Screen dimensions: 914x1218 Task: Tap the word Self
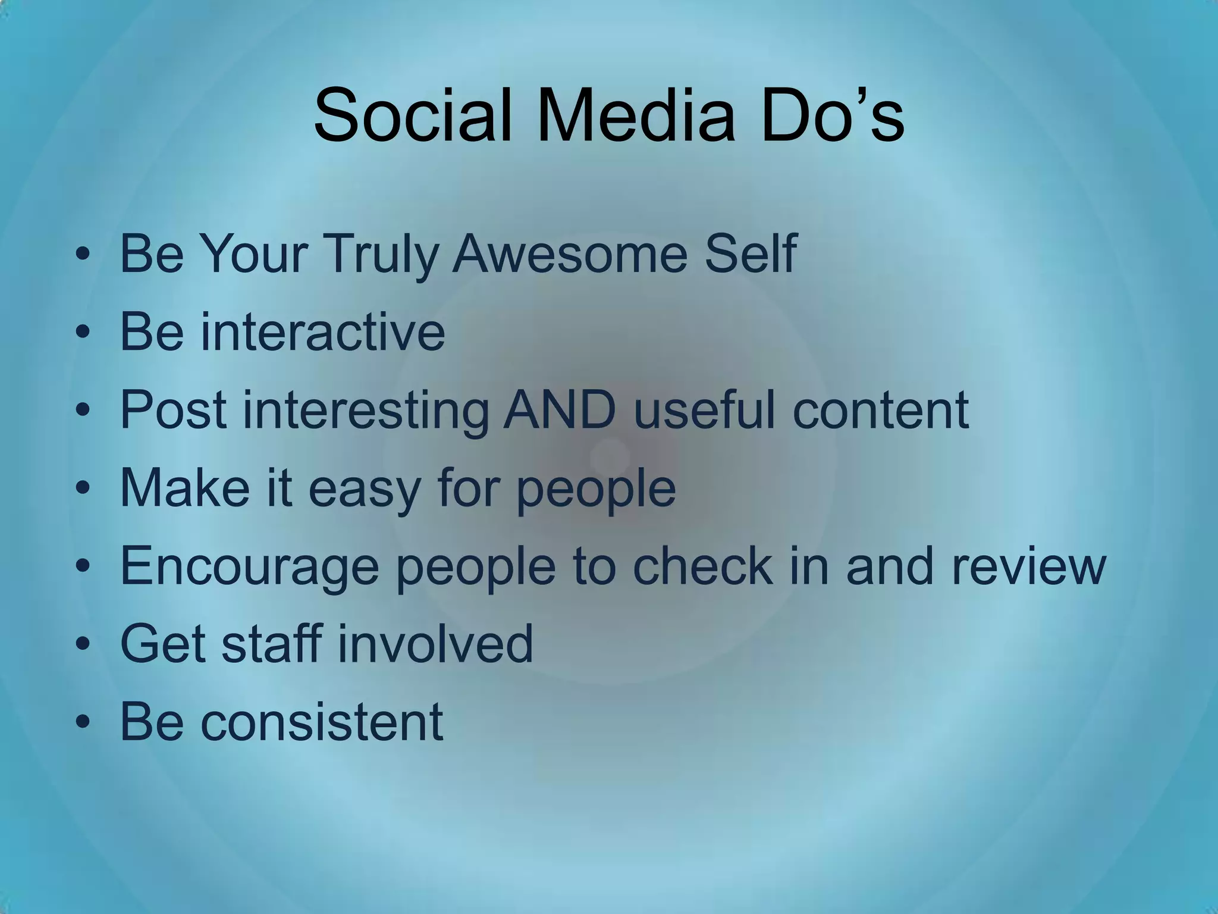[x=750, y=253]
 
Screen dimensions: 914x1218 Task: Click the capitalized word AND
[x=559, y=410]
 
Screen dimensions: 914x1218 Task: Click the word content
[x=881, y=410]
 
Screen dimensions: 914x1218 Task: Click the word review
[x=1029, y=566]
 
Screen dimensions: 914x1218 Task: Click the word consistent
[x=322, y=722]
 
